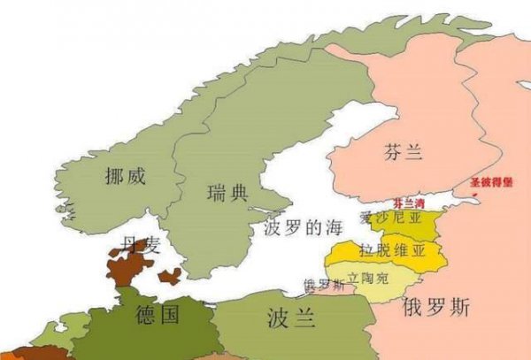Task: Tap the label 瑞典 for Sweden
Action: pyautogui.click(x=227, y=193)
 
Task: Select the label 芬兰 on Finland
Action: pyautogui.click(x=404, y=153)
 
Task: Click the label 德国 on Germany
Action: pyautogui.click(x=158, y=314)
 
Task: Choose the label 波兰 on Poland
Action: pyautogui.click(x=291, y=318)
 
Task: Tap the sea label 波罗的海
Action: pyautogui.click(x=303, y=227)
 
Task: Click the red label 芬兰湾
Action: pyautogui.click(x=408, y=203)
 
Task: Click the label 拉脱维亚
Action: pyautogui.click(x=392, y=250)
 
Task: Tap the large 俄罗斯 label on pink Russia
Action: pyautogui.click(x=436, y=308)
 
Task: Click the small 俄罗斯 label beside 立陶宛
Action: pyautogui.click(x=323, y=285)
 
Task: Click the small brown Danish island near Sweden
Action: pyautogui.click(x=169, y=276)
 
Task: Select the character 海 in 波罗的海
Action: pyautogui.click(x=332, y=227)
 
